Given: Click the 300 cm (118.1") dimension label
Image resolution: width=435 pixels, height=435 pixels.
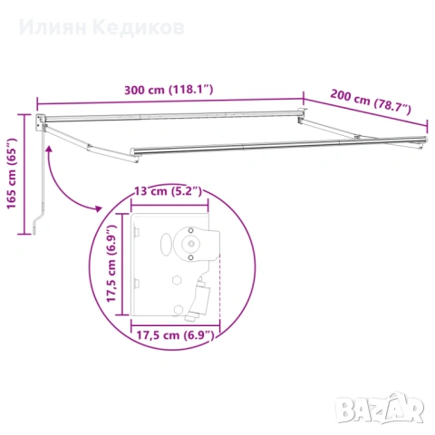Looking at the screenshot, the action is [x=169, y=90].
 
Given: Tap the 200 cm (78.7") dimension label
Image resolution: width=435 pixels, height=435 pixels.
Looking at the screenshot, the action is [x=371, y=102].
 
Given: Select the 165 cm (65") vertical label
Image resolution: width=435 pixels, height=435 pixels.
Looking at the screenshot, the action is [x=12, y=173].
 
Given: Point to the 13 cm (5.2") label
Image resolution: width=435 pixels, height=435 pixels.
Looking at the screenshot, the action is [x=168, y=191].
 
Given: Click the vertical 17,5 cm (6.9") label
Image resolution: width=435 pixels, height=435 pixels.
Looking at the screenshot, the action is [x=111, y=264].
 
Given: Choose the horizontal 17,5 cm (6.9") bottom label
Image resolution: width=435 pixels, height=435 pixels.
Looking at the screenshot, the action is [x=175, y=335].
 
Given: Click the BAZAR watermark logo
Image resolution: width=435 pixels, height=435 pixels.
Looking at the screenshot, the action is [x=380, y=408].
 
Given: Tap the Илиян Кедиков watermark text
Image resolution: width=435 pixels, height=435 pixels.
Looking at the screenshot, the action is [x=101, y=28].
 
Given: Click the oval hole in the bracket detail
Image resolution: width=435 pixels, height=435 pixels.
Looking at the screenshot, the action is [x=166, y=244].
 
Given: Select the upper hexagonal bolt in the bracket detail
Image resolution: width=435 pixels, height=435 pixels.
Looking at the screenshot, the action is [x=177, y=280].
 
